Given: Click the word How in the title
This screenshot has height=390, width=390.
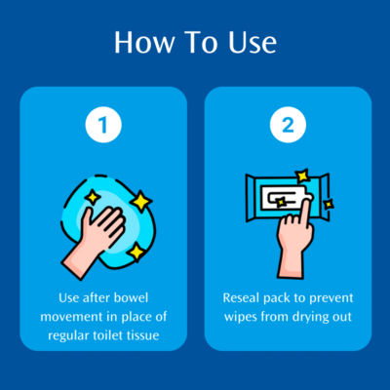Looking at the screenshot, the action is click(x=144, y=42).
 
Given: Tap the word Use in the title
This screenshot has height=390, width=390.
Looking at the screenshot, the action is click(x=253, y=42).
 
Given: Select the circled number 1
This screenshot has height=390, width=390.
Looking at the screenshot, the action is click(x=103, y=125).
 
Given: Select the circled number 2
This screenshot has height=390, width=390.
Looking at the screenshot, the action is click(x=288, y=125).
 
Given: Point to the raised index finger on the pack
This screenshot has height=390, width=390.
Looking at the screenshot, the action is click(x=304, y=212).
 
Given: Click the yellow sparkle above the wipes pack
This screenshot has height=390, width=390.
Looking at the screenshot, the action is click(x=303, y=175).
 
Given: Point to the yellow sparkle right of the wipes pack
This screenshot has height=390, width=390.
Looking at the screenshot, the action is click(x=329, y=204).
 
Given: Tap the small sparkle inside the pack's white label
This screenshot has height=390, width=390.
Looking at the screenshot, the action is click(x=281, y=202).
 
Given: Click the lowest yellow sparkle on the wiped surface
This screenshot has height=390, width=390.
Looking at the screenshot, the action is click(x=136, y=253).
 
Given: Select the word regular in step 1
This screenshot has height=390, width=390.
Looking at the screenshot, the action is click(x=69, y=335).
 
